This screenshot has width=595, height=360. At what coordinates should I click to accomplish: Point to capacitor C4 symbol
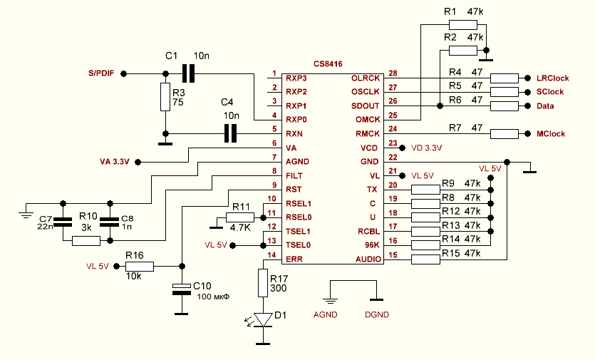click(229, 133)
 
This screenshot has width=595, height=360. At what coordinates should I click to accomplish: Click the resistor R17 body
click(264, 283)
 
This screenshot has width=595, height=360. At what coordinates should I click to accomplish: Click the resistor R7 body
click(505, 133)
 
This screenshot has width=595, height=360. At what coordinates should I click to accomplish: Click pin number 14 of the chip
click(271, 254)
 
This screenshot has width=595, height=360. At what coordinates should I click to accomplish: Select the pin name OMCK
click(368, 120)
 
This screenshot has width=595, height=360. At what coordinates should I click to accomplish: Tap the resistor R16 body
click(139, 267)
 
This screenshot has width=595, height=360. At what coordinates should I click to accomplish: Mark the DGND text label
click(377, 314)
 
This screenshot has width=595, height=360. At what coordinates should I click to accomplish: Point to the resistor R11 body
click(240, 217)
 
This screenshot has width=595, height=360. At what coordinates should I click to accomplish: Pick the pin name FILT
click(295, 175)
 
